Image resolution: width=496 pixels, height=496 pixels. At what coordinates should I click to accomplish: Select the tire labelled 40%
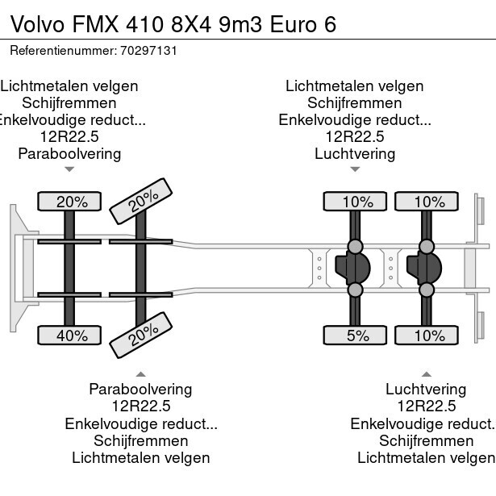coord(72,335)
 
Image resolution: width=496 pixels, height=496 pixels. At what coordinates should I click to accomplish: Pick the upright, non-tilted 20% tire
coord(72,202)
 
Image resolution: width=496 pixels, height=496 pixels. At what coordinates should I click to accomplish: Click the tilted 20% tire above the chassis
coord(142,202)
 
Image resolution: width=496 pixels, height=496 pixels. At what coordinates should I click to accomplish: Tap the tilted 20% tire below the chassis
coord(142,335)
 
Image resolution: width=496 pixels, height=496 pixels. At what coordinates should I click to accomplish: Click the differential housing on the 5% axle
coord(352,268)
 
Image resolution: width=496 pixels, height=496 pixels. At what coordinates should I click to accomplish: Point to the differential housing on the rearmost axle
coord(424,268)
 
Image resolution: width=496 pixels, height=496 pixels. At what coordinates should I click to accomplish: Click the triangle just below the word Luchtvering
coord(355,169)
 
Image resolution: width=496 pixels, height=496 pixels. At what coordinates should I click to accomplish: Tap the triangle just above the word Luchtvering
coord(426,374)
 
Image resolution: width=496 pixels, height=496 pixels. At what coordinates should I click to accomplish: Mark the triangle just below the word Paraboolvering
coord(69,169)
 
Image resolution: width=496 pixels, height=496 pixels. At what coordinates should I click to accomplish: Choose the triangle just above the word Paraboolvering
coord(140,374)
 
